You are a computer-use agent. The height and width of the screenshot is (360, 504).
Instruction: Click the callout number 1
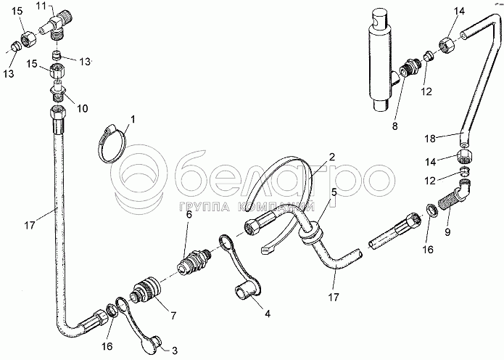[x=132, y=118]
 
